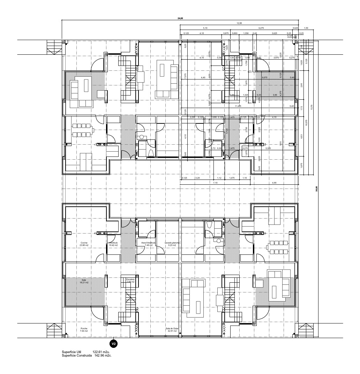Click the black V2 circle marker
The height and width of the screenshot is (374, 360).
tap(113, 344)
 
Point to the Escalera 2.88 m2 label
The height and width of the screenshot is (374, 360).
tap(130, 280)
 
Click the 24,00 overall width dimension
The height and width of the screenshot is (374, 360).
tap(180, 18)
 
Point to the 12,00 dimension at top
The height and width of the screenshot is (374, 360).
tap(239, 23)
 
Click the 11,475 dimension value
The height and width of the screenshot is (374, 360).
tap(238, 106)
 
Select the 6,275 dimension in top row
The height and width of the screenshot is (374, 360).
tap(261, 28)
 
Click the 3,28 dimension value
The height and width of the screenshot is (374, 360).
tap(198, 178)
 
